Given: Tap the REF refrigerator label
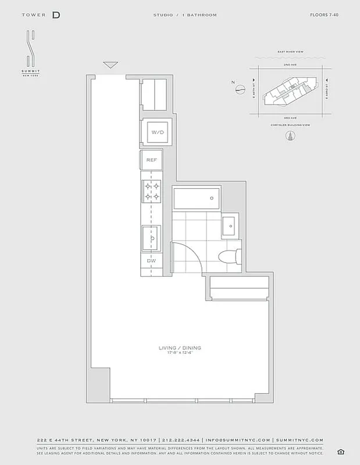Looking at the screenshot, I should tap(151, 159).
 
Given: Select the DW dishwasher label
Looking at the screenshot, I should tap(151, 261).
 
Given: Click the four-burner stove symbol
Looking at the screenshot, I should tap(152, 191).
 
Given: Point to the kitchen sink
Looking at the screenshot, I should tap(152, 238).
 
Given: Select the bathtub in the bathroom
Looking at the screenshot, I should tap(197, 199).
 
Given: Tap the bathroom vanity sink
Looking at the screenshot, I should tap(230, 223).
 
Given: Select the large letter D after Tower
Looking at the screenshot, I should tap(56, 15).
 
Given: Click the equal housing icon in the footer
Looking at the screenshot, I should tap(340, 452).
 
